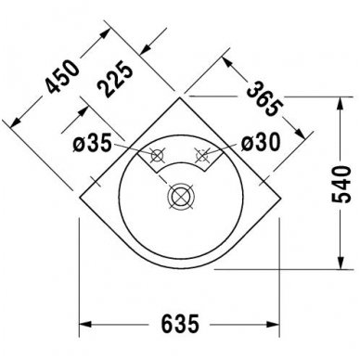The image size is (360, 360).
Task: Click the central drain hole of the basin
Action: (x=180, y=197)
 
